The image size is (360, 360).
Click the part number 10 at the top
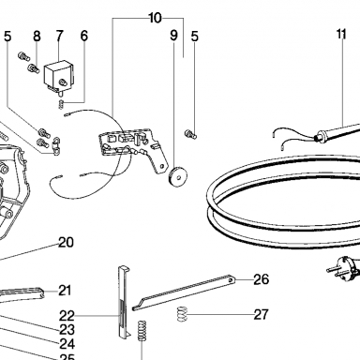(x=155, y=18)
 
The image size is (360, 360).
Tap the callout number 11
(x=341, y=34)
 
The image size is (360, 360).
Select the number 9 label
(x=173, y=36)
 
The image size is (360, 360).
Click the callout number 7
(x=60, y=36)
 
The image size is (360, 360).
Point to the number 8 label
(x=37, y=36)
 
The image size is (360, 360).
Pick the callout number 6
(x=84, y=36)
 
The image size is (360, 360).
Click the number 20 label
(x=67, y=242)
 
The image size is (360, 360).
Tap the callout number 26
(x=261, y=279)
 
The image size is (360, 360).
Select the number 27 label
(x=261, y=314)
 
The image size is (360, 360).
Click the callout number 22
(x=67, y=316)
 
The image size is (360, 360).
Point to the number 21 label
(x=65, y=291)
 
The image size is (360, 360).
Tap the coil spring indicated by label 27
(x=182, y=314)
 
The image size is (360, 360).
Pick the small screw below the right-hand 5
(x=190, y=134)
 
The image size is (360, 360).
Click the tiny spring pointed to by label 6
(x=62, y=104)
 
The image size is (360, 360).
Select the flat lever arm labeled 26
(x=184, y=292)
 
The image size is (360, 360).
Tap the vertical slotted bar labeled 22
(x=124, y=302)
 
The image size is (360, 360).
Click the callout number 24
(x=67, y=344)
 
